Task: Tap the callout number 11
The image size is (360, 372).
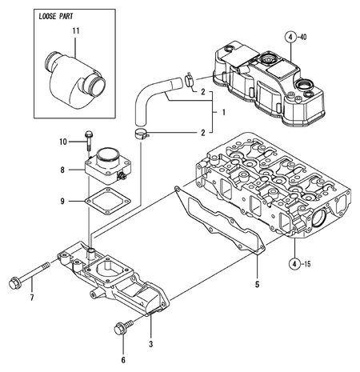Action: pos(77,30)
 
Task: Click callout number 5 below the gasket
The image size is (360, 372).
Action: pos(257,282)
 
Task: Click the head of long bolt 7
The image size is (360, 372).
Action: pos(14,282)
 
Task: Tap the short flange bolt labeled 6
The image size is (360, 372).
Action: pos(122,327)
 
